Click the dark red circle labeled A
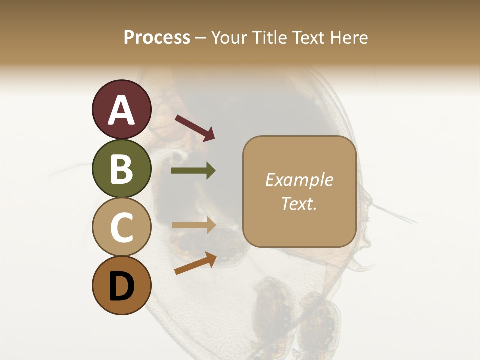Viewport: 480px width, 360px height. coord(121,109)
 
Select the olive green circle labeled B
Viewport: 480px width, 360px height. coord(121,168)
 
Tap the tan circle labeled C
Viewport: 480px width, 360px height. coord(121,227)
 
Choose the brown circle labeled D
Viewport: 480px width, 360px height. coord(121,286)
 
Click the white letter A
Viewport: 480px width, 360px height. coord(121,110)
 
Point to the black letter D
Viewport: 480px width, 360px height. coord(121,287)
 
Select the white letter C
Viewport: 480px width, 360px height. coord(121,228)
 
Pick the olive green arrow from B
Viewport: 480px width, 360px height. coord(193,171)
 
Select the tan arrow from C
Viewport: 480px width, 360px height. coord(193,225)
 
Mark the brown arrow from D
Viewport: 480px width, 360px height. coord(195,264)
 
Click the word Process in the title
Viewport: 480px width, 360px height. coord(157,38)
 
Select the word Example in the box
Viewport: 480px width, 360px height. coord(299,180)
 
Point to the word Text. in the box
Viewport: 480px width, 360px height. coord(299,203)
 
